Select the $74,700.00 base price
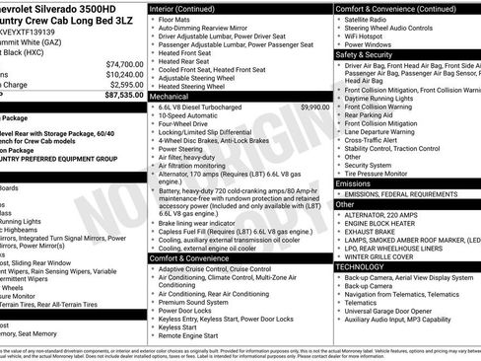point(119,63)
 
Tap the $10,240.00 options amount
point(119,74)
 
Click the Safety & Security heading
point(364,54)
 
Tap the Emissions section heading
point(353,183)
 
